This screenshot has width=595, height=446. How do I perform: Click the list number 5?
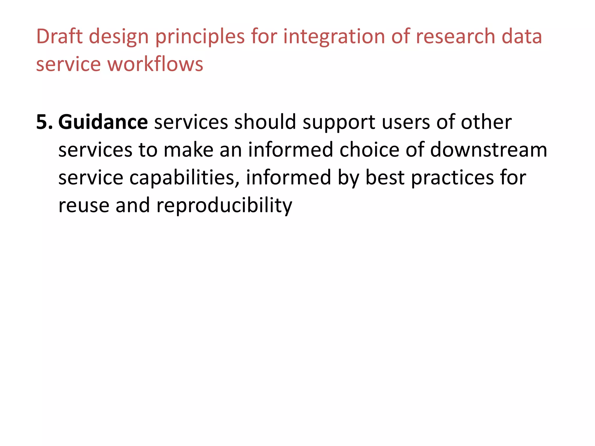click(x=44, y=122)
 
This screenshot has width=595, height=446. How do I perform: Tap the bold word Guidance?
click(x=103, y=122)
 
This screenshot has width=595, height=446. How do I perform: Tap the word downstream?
click(x=488, y=150)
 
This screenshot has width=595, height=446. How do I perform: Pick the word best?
click(x=385, y=178)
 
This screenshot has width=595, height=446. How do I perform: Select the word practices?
click(x=452, y=178)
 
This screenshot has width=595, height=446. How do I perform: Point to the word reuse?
click(x=84, y=206)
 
